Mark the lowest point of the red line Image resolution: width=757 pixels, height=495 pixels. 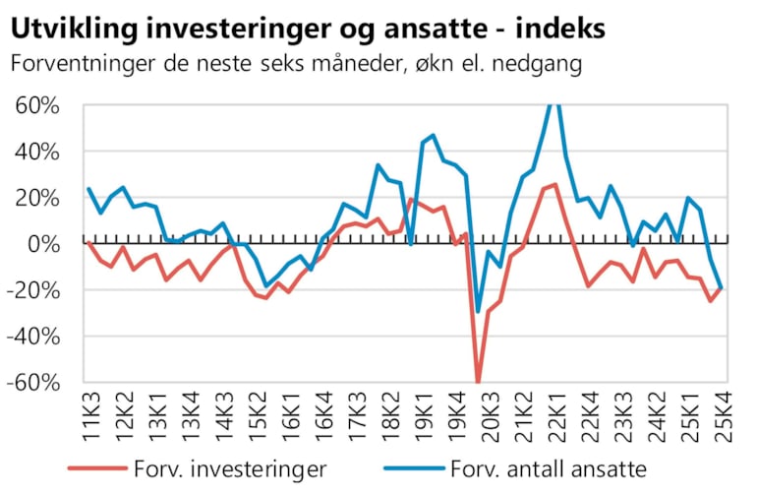(478, 382)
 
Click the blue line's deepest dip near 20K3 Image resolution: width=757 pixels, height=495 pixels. (478, 312)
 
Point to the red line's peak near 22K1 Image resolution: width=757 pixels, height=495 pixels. (555, 184)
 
